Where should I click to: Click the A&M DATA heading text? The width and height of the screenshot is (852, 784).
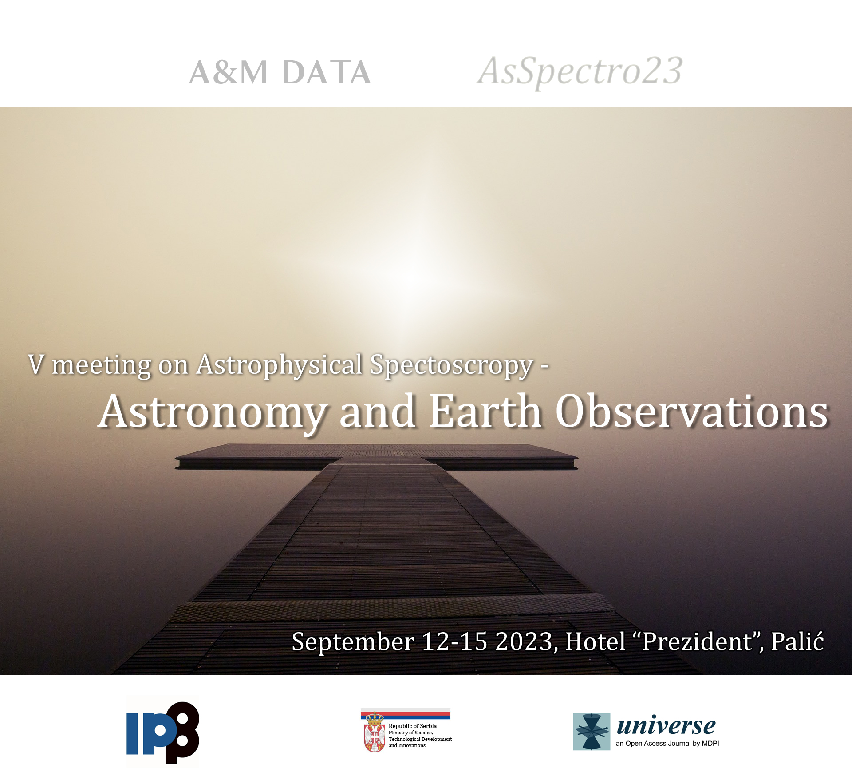(280, 72)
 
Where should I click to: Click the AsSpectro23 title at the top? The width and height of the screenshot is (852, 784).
(580, 73)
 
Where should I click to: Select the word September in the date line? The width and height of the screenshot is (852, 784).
(353, 642)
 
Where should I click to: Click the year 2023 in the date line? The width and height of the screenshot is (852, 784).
(525, 641)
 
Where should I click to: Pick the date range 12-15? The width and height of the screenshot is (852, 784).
(454, 641)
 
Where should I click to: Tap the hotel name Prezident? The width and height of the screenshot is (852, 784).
(697, 641)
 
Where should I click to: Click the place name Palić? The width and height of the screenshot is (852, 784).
(797, 641)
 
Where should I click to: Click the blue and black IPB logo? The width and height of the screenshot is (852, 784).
(163, 733)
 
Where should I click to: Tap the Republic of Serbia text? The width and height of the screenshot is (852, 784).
(413, 726)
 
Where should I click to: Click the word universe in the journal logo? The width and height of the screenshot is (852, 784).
(666, 726)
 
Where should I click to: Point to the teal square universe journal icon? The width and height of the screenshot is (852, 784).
(592, 732)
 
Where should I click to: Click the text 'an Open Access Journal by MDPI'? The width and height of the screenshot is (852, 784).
(667, 744)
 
